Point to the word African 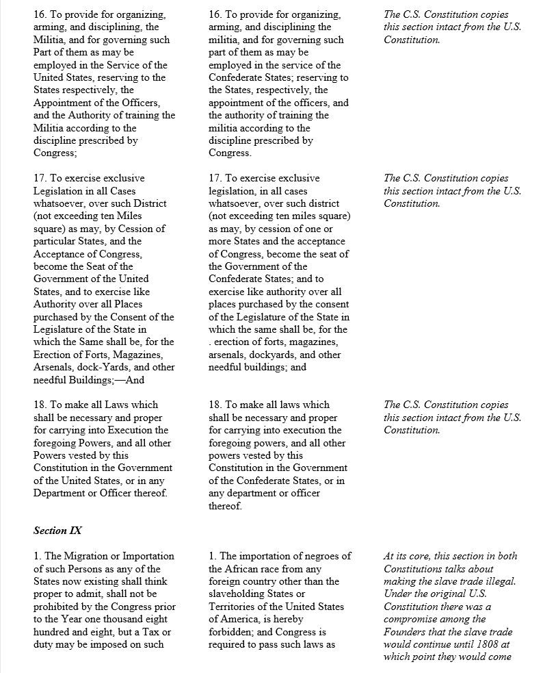click(245, 569)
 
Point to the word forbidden click(233, 632)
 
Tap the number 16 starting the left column click(40, 14)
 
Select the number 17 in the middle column click(215, 178)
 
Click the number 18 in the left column click(40, 405)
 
